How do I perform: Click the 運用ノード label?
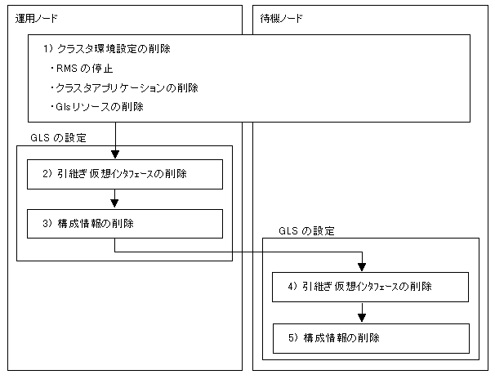click(x=36, y=19)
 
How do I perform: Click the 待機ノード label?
click(x=281, y=19)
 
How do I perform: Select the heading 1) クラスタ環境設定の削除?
click(x=107, y=48)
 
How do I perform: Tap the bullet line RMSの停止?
click(x=82, y=69)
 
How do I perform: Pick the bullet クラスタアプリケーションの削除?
click(x=124, y=87)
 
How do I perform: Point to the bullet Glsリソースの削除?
click(x=96, y=107)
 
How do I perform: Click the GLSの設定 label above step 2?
click(x=58, y=138)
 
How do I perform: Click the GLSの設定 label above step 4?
click(x=306, y=231)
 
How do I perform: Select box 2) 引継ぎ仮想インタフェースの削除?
click(x=125, y=175)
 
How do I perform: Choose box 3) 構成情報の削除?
click(x=125, y=224)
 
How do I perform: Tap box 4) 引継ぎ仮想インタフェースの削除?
click(x=370, y=288)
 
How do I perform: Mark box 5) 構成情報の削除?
click(x=371, y=339)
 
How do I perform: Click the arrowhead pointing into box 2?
click(x=115, y=154)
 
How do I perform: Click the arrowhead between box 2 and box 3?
click(x=114, y=203)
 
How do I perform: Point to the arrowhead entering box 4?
click(x=362, y=267)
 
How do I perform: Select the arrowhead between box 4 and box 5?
click(x=362, y=318)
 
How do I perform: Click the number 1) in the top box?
click(x=47, y=48)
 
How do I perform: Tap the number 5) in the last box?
click(x=293, y=338)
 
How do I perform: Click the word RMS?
click(x=67, y=69)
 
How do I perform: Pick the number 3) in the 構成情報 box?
click(x=47, y=224)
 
